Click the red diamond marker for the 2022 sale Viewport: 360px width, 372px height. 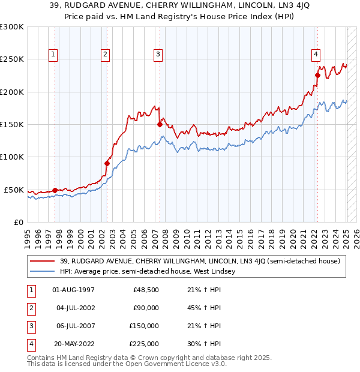[x=317, y=75]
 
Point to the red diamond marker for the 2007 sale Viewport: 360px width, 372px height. [x=160, y=124]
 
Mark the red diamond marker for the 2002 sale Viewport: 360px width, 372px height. [x=107, y=163]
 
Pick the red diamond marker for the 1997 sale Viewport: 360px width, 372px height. [x=55, y=190]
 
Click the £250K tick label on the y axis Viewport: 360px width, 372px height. [x=12, y=59]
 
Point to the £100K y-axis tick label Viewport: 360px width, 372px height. [x=12, y=157]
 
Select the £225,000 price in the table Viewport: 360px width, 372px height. [x=145, y=344]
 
